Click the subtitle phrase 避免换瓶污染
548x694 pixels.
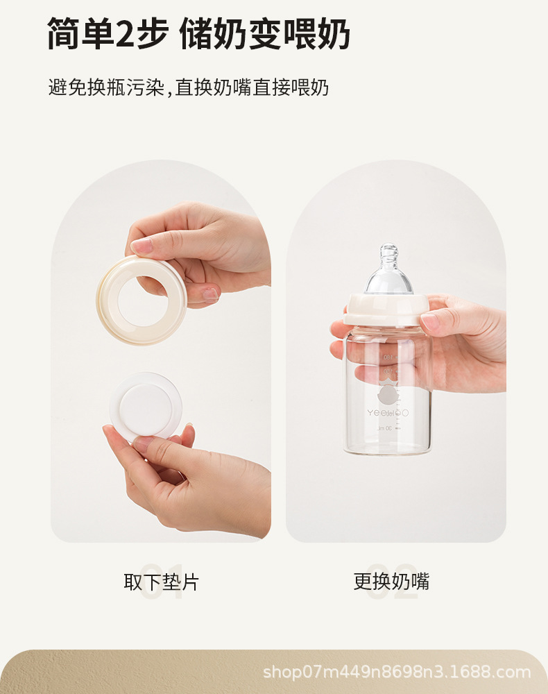[106, 87]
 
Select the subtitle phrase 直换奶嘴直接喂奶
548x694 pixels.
[251, 87]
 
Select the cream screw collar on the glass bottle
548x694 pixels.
[387, 310]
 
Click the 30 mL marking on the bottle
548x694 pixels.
[384, 428]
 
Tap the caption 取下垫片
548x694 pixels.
[161, 582]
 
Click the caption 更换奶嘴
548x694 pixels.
[391, 582]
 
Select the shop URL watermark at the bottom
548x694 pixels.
[397, 672]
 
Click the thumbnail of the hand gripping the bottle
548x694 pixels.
[431, 322]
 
